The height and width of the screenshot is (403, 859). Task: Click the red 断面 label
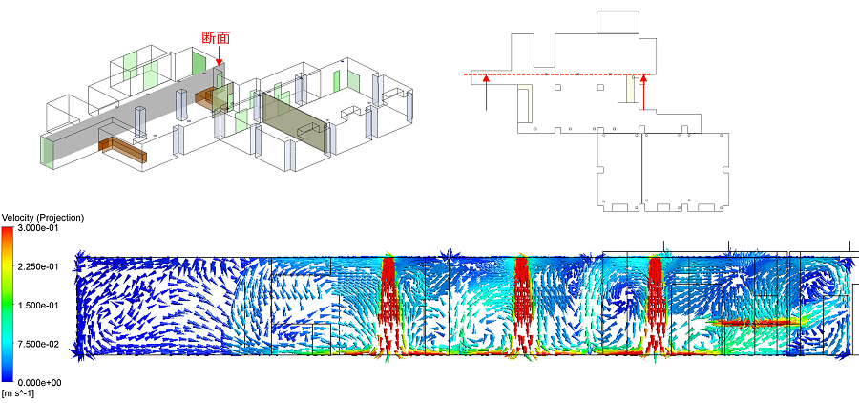(216, 38)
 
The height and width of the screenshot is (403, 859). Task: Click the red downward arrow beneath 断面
(219, 56)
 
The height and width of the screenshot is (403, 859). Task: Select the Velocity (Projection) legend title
(43, 218)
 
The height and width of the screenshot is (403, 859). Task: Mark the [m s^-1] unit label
(18, 393)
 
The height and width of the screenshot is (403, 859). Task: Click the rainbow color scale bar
(9, 305)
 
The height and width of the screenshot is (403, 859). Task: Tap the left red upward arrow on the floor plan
(486, 94)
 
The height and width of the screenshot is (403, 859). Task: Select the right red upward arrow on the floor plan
(643, 93)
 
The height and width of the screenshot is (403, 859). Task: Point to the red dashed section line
(557, 74)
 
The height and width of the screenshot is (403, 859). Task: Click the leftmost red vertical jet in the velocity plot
(388, 306)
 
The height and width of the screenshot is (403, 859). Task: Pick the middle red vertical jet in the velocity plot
(522, 306)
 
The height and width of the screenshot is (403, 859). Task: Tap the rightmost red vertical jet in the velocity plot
(656, 306)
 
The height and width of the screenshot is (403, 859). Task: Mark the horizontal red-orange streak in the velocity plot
(755, 323)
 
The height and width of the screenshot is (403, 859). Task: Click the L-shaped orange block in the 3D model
(123, 150)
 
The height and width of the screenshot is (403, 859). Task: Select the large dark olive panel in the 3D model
(295, 124)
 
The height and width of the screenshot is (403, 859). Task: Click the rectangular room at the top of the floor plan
(618, 22)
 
